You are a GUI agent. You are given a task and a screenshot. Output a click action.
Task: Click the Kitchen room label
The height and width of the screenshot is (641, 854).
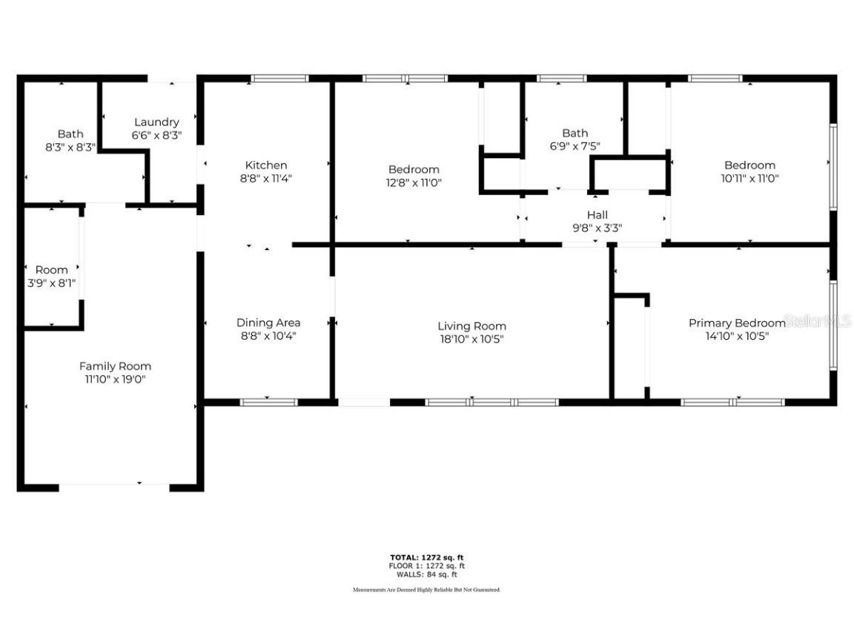pos(265,165)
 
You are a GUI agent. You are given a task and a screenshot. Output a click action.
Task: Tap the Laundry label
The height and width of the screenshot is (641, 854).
pos(156,122)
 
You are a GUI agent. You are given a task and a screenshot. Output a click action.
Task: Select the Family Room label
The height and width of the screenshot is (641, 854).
pos(115,366)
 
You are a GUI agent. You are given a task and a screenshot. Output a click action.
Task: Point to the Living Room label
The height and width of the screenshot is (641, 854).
pos(471,326)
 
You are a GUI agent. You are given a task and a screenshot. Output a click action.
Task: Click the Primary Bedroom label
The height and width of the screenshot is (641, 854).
pos(736,323)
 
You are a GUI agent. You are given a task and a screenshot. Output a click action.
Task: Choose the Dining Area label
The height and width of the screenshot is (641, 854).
pos(268,323)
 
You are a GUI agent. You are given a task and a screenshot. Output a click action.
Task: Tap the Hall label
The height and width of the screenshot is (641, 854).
pos(597,215)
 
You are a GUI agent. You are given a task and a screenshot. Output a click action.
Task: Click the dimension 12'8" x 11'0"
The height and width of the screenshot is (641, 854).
pos(414,183)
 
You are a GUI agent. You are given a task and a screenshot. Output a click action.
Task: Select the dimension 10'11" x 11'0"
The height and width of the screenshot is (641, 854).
pos(749,178)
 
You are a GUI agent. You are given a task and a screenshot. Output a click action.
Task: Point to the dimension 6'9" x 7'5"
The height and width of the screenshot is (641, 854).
pos(575,147)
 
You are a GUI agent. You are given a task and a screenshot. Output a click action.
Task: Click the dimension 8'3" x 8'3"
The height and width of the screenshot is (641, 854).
pos(70,147)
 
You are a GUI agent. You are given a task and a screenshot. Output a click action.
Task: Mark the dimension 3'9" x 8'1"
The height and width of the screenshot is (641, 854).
pos(51,283)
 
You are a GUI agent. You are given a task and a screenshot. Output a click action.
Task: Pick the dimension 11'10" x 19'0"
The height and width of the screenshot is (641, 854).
pos(115,379)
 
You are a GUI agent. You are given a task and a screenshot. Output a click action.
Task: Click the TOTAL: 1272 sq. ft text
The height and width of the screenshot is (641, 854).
pos(426,557)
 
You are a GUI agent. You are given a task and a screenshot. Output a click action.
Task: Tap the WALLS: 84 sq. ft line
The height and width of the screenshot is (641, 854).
pos(426,574)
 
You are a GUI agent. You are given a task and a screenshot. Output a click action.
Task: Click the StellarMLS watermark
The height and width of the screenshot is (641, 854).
pos(818,321)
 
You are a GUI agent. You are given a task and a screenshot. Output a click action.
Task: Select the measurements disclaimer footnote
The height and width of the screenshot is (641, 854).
pos(426,590)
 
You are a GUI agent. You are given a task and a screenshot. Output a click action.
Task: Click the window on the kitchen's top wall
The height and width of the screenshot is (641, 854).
pos(279,78)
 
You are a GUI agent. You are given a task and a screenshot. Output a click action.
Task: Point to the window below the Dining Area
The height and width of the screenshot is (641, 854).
pos(268,402)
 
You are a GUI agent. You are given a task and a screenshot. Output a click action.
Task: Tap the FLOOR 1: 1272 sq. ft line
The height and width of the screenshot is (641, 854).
pos(426,566)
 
